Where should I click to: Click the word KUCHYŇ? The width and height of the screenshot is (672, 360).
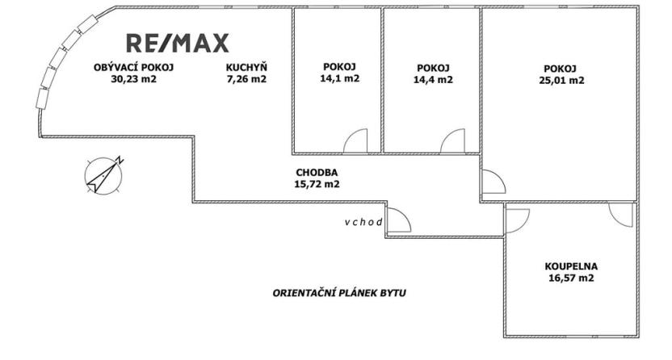[246, 67]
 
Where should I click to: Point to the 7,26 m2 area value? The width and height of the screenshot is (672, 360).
[246, 79]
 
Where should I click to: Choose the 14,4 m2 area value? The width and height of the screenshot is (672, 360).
[432, 80]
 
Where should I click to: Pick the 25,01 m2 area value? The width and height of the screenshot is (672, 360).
[563, 80]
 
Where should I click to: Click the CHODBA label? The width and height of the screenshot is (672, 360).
[317, 172]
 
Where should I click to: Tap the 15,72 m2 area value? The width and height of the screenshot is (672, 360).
[317, 184]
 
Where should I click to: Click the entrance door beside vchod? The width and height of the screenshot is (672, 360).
[398, 220]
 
